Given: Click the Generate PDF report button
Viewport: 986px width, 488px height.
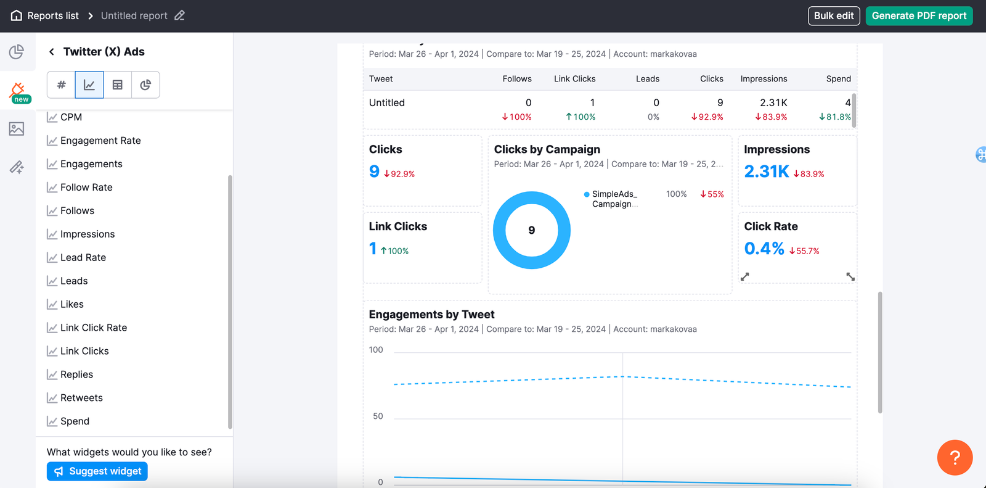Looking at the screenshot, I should coord(919,16).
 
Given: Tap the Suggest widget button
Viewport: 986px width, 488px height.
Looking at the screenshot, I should coord(97,471).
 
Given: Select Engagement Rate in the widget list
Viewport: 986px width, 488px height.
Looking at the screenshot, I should coord(100,141).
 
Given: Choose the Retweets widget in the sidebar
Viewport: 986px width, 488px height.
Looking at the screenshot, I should coord(81,398).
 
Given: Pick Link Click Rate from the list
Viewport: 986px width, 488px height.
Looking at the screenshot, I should coord(94,328).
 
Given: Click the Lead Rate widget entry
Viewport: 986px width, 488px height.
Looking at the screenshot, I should coord(83,257).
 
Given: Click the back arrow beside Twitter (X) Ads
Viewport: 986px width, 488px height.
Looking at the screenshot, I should coord(52,52).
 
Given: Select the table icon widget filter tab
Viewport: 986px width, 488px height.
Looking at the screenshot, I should coord(117,85).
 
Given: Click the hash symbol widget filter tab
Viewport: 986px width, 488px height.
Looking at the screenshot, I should coord(61,85).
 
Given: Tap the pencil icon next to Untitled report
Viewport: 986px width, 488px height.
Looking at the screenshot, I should coord(179,15).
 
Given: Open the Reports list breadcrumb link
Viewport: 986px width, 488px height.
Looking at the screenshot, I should coord(53,16).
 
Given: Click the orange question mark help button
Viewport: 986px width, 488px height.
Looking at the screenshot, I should coord(955,457).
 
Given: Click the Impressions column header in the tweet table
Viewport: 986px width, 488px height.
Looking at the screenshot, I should coord(764,79).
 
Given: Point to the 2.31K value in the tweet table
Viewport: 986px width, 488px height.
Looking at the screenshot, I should coord(773,103).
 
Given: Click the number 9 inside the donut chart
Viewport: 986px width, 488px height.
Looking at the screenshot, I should coord(532,230).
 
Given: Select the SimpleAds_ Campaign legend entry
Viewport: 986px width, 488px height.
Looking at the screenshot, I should coord(614,199).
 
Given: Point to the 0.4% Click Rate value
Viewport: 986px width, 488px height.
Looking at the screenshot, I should coord(764,249).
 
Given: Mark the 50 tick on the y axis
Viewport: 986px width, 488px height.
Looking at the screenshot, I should coord(378,416).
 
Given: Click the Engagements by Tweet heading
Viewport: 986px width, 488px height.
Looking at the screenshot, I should coord(431,315).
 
